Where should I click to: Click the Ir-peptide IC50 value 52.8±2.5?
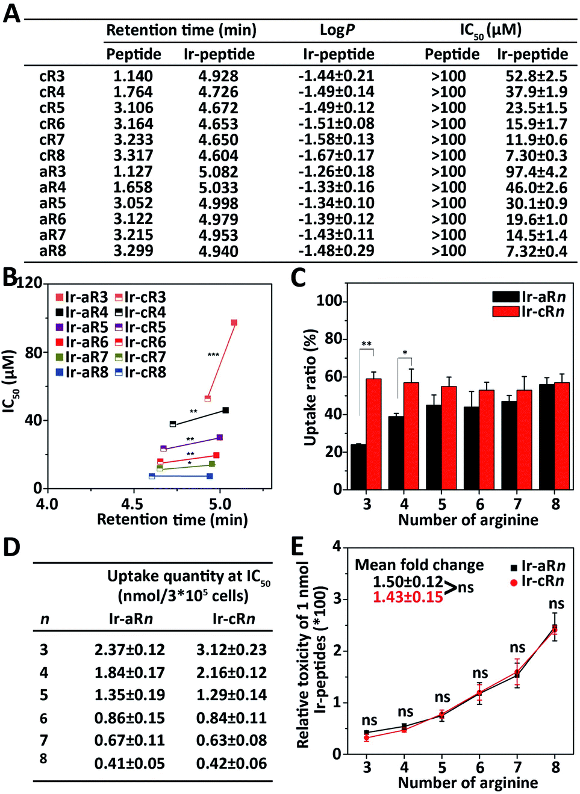click(x=536, y=76)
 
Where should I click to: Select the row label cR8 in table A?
click(x=52, y=155)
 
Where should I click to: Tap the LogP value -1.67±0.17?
click(x=336, y=155)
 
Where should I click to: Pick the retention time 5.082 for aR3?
click(x=219, y=172)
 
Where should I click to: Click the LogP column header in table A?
click(x=337, y=30)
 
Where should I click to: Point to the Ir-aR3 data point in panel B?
click(x=234, y=323)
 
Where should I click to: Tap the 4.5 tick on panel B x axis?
click(x=133, y=503)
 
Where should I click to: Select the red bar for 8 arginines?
click(x=562, y=435)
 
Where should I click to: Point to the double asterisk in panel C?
click(x=366, y=344)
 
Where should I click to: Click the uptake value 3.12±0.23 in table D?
click(x=231, y=650)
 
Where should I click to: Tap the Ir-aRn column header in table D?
click(x=130, y=619)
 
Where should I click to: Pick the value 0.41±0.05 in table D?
click(x=129, y=763)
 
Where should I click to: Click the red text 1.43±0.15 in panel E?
click(x=407, y=597)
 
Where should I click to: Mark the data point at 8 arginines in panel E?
click(x=555, y=629)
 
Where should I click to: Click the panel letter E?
click(x=298, y=547)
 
